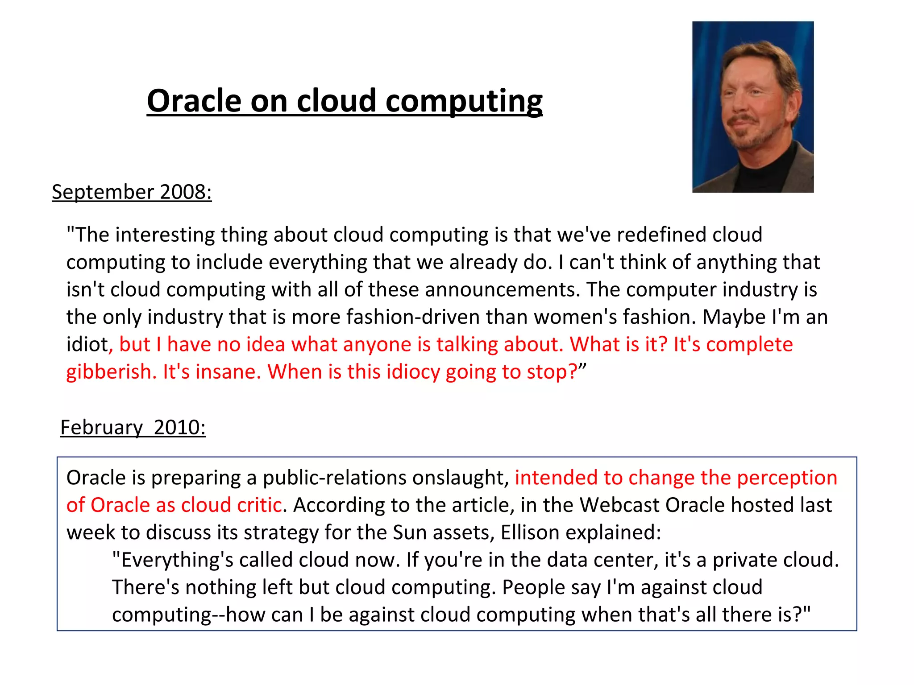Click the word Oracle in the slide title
tap(194, 101)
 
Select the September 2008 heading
tap(132, 192)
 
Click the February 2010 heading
tap(133, 428)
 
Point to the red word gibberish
tap(109, 372)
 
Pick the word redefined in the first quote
tap(661, 235)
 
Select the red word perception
tap(787, 478)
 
